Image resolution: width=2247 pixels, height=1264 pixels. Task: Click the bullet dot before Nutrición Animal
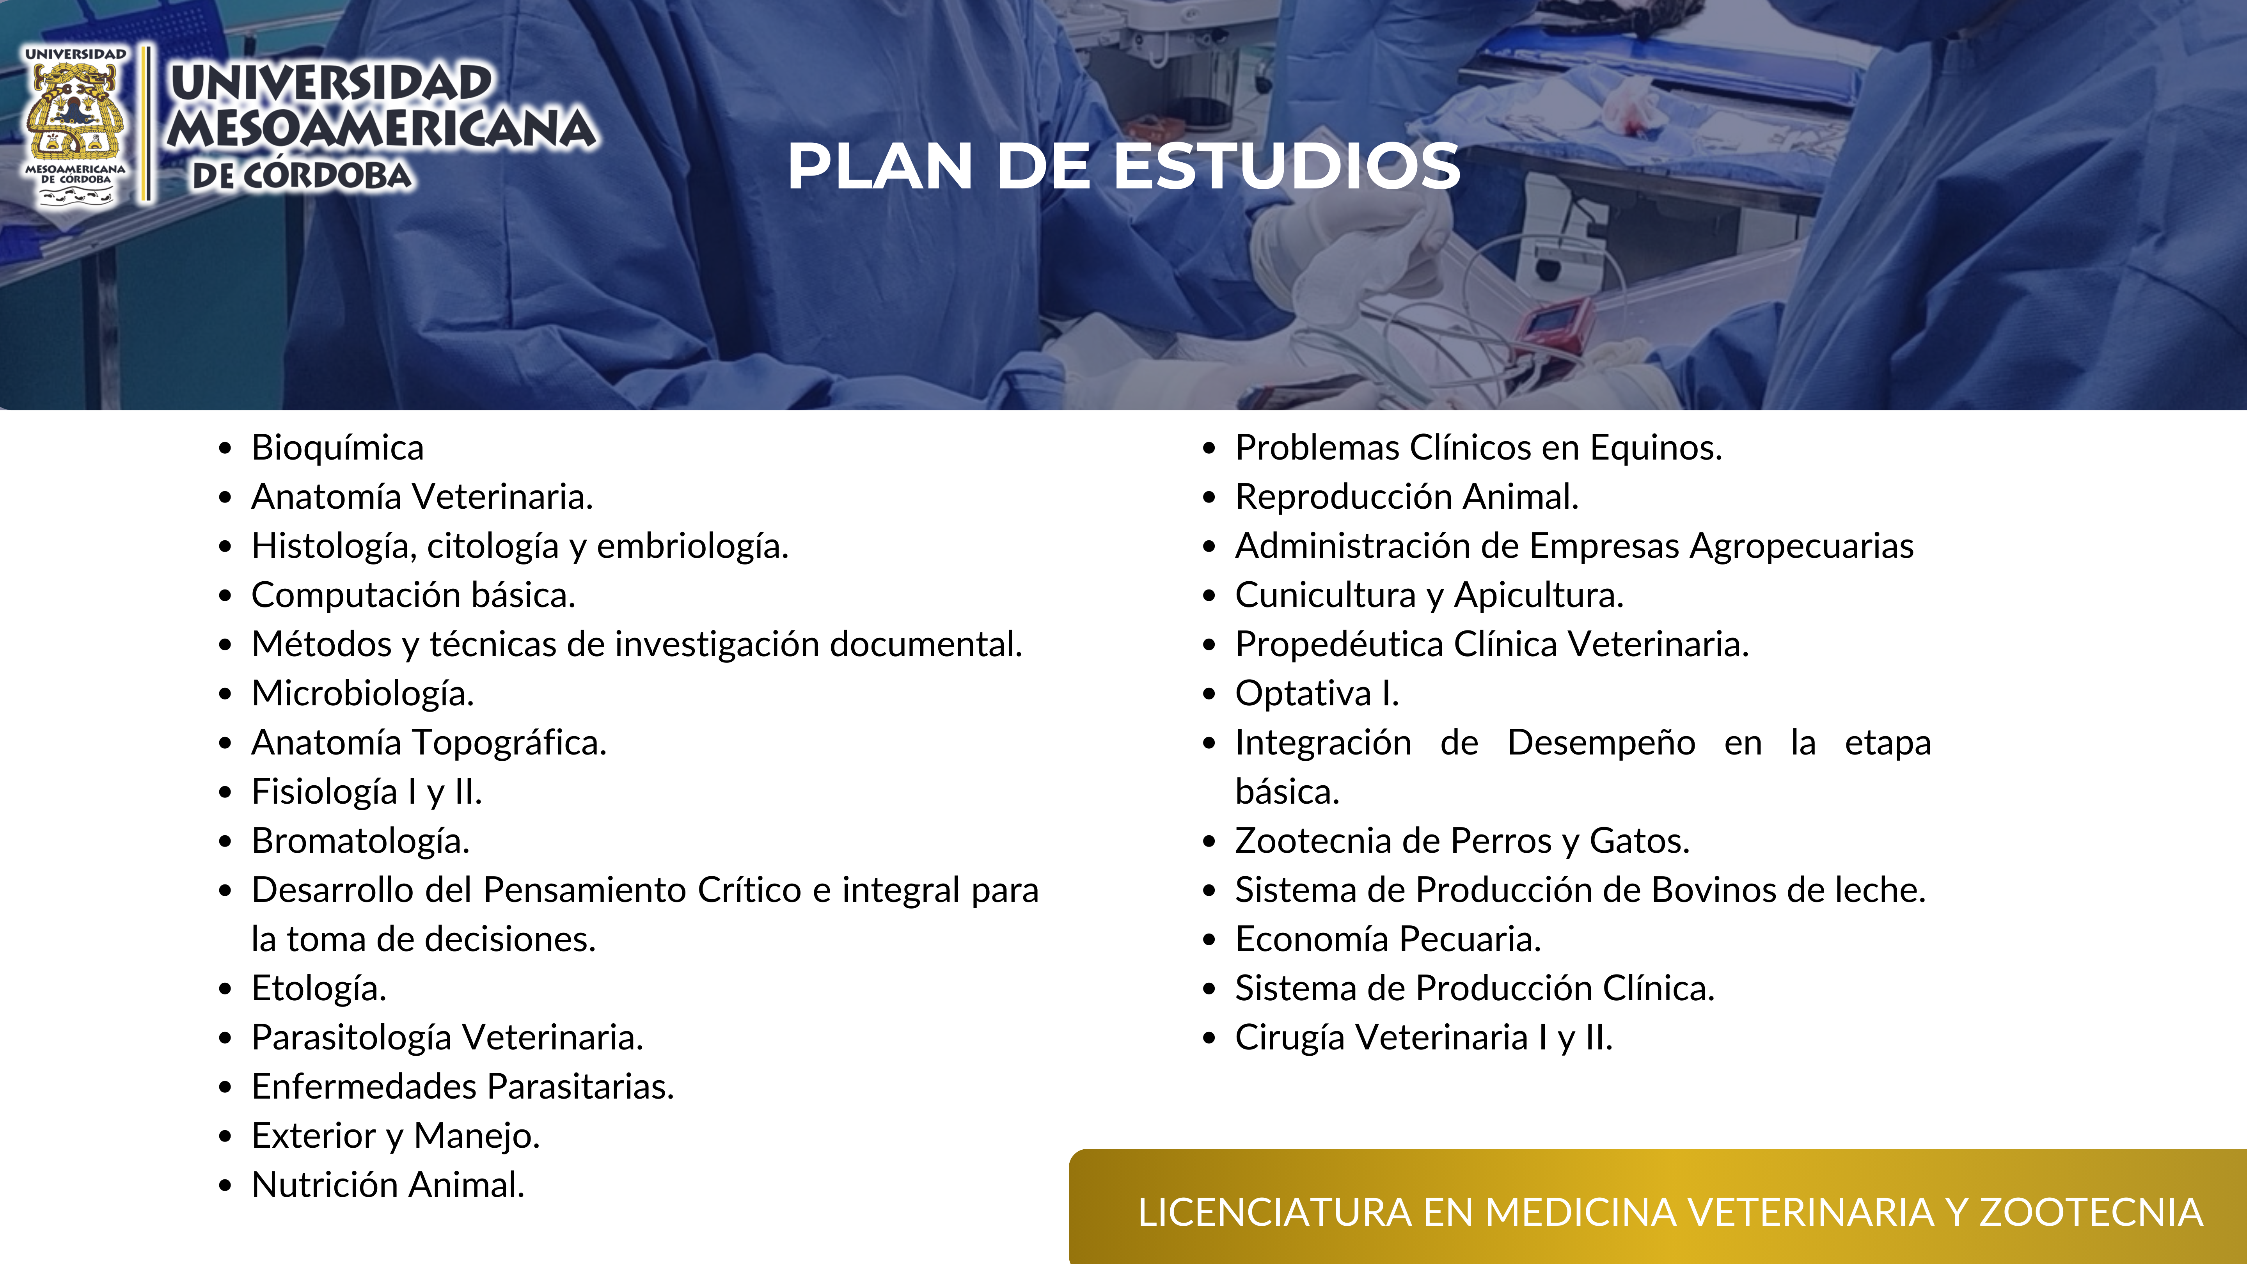(x=226, y=1186)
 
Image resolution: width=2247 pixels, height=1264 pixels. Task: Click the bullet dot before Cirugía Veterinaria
(x=1209, y=1038)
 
